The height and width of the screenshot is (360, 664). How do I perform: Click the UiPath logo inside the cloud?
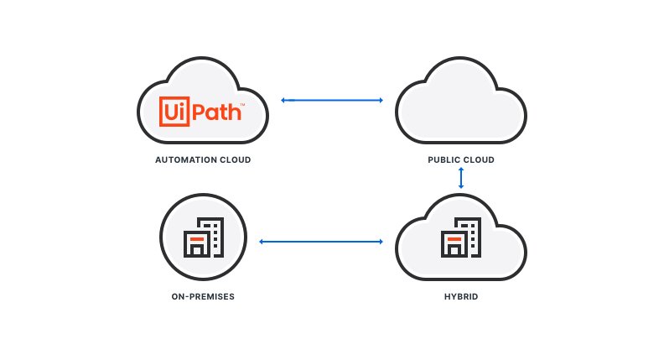click(202, 111)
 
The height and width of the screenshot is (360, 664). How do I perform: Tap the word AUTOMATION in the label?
click(184, 159)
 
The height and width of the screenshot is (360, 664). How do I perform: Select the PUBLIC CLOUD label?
click(461, 159)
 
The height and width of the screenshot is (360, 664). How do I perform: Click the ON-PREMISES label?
click(203, 296)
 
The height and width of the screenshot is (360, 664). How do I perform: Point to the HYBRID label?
click(461, 296)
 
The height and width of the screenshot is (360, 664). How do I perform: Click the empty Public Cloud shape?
click(461, 101)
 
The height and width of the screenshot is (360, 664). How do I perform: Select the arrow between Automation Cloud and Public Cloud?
click(332, 100)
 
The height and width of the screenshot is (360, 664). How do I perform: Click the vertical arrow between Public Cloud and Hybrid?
click(461, 178)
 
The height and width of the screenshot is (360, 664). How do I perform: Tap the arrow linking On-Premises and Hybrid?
click(321, 242)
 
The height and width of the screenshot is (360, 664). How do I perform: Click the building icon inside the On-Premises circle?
click(203, 237)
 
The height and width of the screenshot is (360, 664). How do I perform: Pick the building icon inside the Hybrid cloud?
click(461, 237)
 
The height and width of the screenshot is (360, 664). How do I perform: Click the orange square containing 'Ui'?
click(174, 111)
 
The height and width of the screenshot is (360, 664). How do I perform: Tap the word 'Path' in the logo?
click(217, 112)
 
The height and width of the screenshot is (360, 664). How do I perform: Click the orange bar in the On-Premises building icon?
click(196, 239)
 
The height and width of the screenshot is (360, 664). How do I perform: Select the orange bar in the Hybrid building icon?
click(454, 239)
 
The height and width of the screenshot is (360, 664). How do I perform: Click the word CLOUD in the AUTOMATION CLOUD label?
click(235, 159)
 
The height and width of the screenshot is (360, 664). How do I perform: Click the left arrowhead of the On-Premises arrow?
click(262, 242)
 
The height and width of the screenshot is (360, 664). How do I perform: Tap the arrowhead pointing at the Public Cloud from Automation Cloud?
click(381, 100)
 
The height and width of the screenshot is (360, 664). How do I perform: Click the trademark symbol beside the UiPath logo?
click(242, 104)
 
